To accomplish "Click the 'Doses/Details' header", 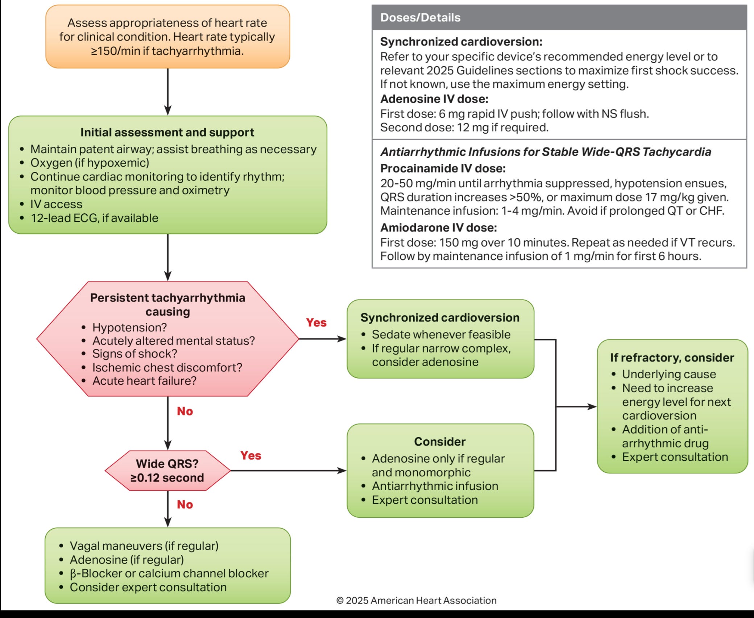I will coord(420,17).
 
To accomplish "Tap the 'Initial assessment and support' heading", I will coord(167,133).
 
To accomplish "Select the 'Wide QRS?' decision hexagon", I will coord(167,471).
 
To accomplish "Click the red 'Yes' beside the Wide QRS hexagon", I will coord(250,455).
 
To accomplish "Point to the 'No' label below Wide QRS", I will coord(185,504).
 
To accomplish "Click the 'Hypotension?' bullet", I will coord(129,327).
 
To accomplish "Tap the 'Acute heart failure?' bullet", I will coord(144,381).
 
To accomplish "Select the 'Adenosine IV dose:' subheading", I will coord(434,99).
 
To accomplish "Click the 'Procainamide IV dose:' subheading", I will coord(443,168).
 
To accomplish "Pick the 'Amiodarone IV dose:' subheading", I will coord(438,227).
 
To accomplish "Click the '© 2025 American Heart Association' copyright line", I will coord(416,600).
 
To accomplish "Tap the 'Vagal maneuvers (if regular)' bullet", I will coord(144,546).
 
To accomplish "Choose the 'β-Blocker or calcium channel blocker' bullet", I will coord(169,573).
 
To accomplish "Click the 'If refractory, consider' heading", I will coord(672,358).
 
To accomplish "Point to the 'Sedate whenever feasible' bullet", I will coord(441,334).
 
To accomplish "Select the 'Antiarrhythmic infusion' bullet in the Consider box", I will coord(435,486).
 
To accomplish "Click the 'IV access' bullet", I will coord(56,204).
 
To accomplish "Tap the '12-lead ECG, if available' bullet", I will coord(94,218).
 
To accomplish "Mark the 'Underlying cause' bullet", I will coord(669,374).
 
